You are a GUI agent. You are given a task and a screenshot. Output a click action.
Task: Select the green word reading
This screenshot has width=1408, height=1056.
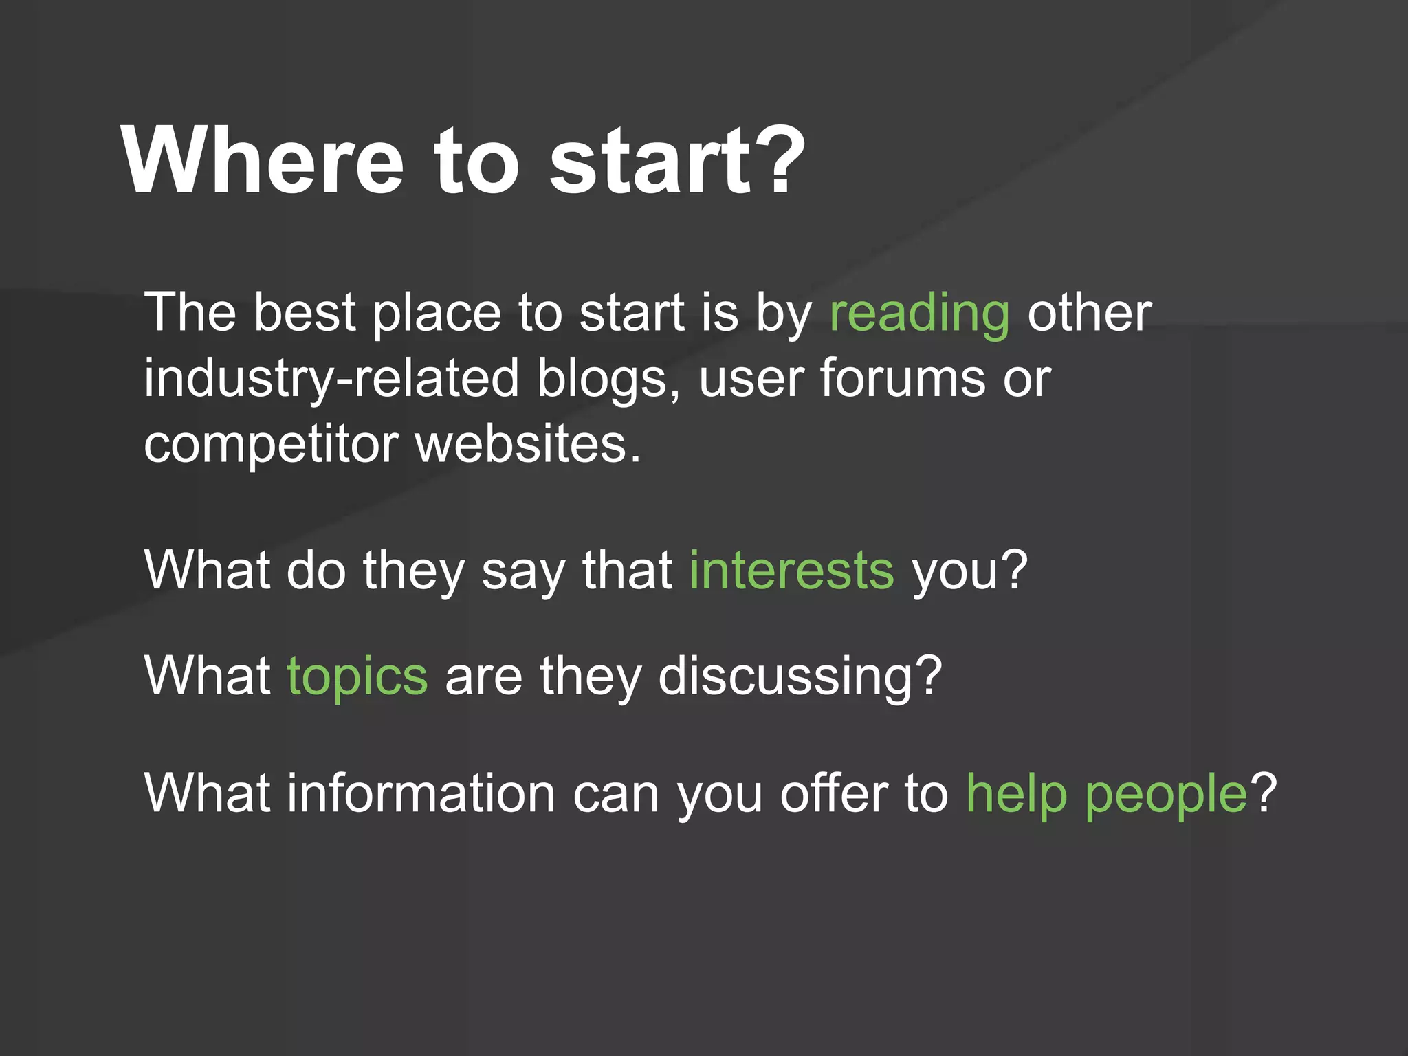[919, 313]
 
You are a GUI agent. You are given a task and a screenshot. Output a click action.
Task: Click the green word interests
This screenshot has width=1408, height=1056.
[791, 571]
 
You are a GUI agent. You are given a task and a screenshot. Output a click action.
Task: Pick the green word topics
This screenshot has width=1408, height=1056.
[357, 677]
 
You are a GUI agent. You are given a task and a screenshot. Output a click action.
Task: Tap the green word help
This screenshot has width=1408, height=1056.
[1016, 794]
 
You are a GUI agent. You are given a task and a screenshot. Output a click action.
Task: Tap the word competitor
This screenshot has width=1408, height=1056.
[271, 445]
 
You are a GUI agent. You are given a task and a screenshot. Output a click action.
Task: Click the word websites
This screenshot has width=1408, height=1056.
[527, 444]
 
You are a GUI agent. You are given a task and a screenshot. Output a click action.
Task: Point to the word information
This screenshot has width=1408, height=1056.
[421, 793]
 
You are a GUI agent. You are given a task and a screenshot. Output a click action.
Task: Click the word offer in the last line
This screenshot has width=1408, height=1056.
[834, 793]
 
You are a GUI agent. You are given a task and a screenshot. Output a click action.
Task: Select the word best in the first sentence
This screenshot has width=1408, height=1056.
[304, 313]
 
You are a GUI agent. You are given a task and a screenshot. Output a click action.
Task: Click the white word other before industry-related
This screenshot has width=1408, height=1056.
[1089, 313]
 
